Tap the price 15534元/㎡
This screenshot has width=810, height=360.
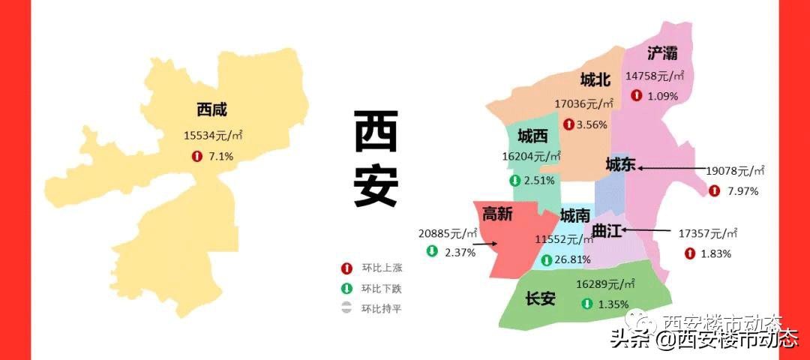[x=214, y=135]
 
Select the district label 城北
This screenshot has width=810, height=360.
[x=595, y=80]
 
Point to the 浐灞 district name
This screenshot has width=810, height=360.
[x=662, y=52]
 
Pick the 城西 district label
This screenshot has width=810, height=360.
[x=532, y=136]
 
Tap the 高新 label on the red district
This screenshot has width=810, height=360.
[x=497, y=214]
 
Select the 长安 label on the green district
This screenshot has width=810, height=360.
[x=540, y=298]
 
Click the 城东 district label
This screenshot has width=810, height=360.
[x=620, y=164]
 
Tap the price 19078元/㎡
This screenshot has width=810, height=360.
[x=734, y=172]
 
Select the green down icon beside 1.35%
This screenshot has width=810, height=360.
[x=586, y=304]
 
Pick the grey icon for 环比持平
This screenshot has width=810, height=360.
[x=346, y=308]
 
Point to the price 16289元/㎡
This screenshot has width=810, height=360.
[x=606, y=284]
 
